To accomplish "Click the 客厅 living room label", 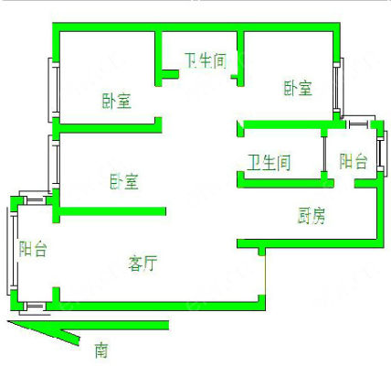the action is point(143,264).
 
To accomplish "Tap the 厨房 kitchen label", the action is point(311,215).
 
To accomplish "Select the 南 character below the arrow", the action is point(101,350).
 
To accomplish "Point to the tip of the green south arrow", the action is point(7,321).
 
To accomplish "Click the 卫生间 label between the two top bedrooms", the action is point(206,60).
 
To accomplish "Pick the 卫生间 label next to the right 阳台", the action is point(269,162).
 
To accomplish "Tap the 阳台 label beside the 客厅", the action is point(33,249).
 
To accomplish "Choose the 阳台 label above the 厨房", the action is point(354,161).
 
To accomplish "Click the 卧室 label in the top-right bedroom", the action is point(298,88).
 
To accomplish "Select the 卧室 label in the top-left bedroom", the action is point(117,101).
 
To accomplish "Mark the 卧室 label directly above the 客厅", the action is point(124,181).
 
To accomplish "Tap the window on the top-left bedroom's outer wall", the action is point(54,90).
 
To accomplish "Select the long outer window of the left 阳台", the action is point(13,251).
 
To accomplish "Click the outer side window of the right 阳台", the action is point(382,154).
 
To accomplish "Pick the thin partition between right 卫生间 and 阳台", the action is point(324,155).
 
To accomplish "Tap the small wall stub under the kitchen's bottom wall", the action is point(261,251).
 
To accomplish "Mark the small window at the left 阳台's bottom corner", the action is point(34,307).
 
